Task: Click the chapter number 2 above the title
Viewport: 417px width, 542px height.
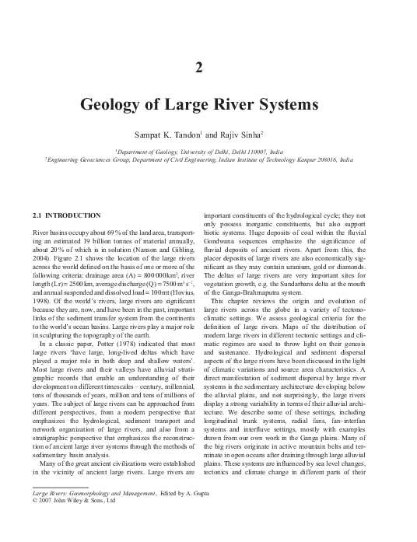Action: tap(208, 68)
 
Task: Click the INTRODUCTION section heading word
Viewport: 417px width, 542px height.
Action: tap(72, 214)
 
